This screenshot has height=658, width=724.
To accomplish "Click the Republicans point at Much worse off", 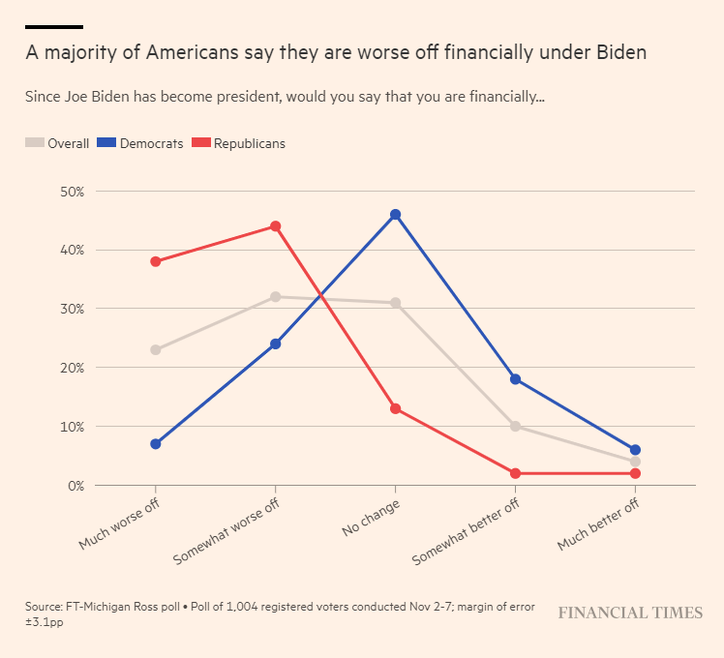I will click(x=155, y=261).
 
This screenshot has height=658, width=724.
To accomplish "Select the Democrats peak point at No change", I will click(x=395, y=214).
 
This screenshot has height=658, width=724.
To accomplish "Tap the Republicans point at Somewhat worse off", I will click(x=275, y=226).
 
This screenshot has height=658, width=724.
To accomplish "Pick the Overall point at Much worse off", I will click(x=155, y=349).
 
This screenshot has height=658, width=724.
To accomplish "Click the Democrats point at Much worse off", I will click(x=155, y=444).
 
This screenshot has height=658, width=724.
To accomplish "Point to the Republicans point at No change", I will click(x=395, y=408).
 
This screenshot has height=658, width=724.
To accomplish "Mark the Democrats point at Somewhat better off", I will click(x=515, y=379).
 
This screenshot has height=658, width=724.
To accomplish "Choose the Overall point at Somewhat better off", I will click(x=515, y=426).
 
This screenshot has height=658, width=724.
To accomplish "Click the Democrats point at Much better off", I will click(x=635, y=450).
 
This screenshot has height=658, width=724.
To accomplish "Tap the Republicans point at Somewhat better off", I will click(x=515, y=473).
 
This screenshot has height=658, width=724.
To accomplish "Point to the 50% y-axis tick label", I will click(x=45, y=192).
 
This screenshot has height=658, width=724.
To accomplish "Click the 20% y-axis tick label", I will click(x=45, y=368).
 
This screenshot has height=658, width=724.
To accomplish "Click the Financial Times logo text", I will click(x=630, y=613).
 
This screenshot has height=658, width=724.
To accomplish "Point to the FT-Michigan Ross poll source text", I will click(x=124, y=606).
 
